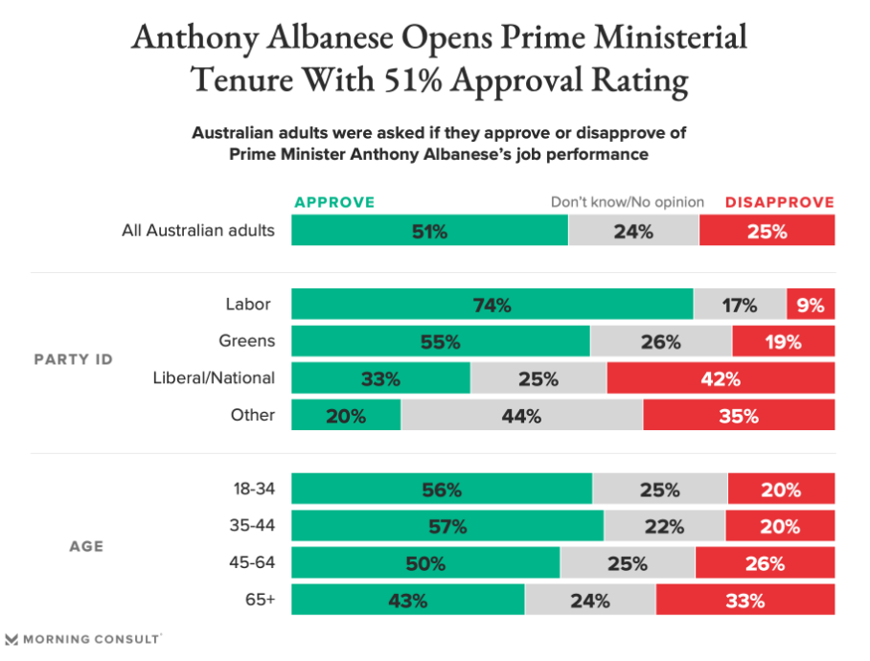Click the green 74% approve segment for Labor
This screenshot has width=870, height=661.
tap(492, 306)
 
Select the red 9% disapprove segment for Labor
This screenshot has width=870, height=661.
tap(810, 306)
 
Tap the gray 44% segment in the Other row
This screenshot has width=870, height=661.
tap(521, 416)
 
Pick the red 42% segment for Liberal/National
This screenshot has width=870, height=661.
tap(721, 378)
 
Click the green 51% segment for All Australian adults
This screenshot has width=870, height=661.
tap(429, 231)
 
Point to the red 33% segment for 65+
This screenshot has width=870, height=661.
tap(744, 601)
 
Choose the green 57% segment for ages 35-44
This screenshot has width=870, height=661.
tap(447, 526)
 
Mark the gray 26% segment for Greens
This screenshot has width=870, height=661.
tap(661, 342)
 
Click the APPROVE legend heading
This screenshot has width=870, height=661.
tap(334, 202)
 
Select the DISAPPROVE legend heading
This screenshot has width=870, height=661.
tap(779, 202)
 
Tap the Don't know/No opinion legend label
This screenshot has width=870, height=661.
tap(627, 202)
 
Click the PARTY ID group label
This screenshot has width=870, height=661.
tap(74, 359)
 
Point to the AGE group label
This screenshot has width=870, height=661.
tap(86, 546)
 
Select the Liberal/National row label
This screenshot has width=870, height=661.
tap(214, 377)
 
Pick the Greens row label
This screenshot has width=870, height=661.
tap(246, 341)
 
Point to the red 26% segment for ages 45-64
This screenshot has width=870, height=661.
tap(765, 563)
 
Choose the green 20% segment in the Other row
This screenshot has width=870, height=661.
tap(346, 416)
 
